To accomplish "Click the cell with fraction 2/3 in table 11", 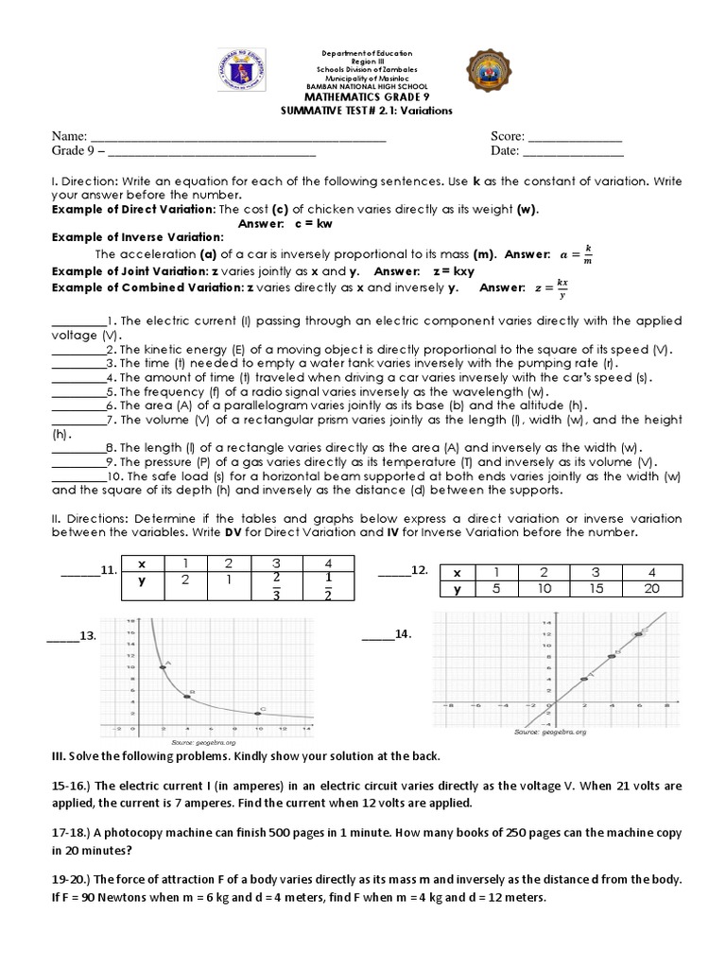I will [276, 587].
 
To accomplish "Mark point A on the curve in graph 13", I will [163, 667].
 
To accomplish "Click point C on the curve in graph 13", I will [257, 712].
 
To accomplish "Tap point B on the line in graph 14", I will [612, 655].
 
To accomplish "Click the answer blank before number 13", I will [63, 637].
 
